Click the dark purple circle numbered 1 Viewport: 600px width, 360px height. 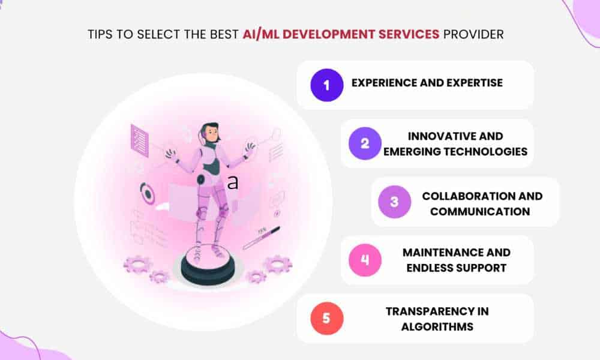327,85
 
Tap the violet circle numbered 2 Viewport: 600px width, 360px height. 365,143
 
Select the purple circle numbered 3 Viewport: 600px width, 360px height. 395,202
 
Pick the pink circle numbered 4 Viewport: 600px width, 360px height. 365,260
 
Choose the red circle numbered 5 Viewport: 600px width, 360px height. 327,318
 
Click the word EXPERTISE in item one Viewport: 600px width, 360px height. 475,83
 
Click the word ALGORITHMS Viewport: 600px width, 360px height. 437,327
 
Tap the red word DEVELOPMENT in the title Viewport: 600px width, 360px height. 329,34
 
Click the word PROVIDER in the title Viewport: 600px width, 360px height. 473,34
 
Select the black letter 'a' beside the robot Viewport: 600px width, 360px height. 233,183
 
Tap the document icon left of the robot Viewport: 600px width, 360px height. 140,140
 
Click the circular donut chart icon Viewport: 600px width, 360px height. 148,193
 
